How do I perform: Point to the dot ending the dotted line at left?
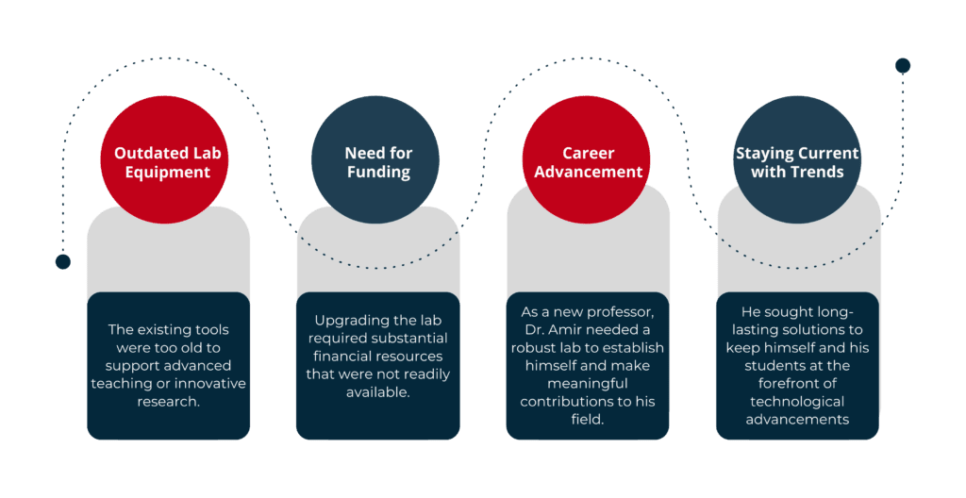coord(63,261)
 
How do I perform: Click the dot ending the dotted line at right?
coord(902,65)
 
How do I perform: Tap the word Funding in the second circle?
coord(378,173)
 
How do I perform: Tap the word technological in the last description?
coord(797,402)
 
